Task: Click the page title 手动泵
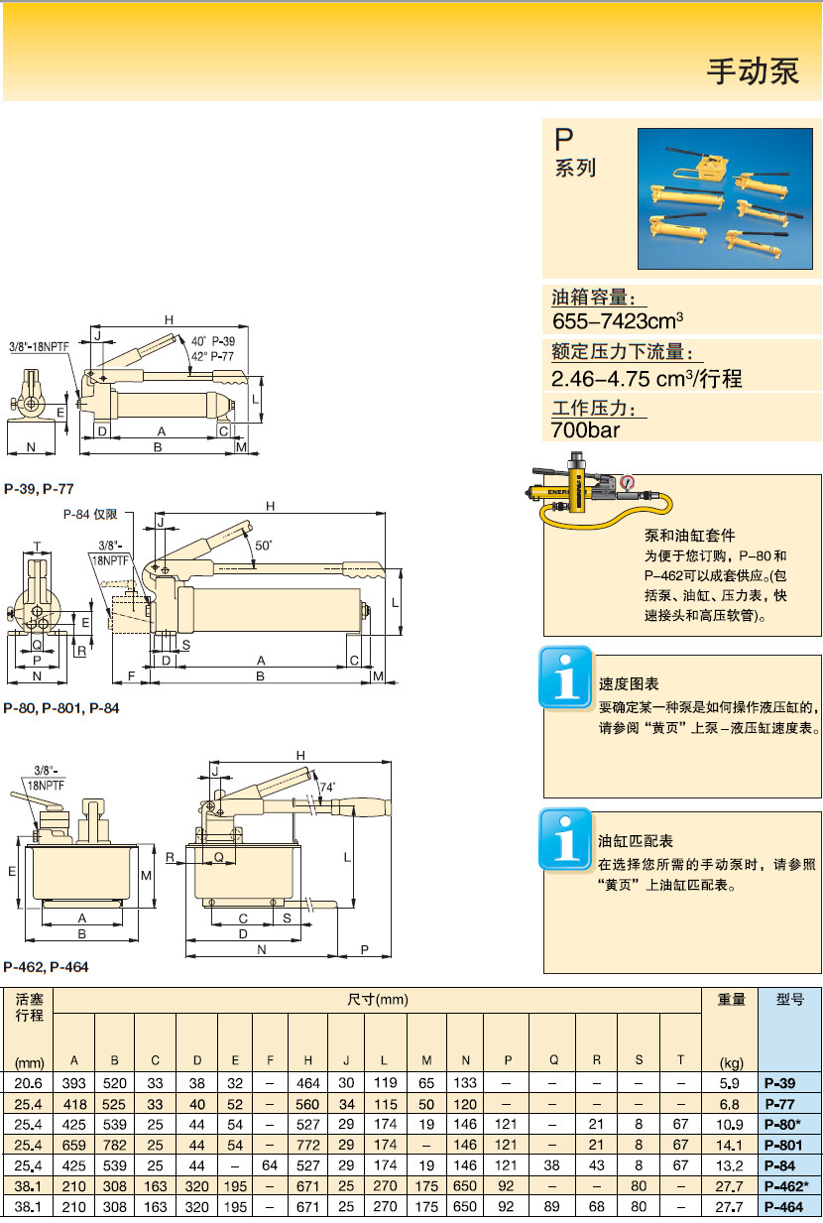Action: click(753, 72)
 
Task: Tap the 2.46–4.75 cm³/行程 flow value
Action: click(646, 378)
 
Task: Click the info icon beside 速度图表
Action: click(565, 677)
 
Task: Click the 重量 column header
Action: click(730, 1000)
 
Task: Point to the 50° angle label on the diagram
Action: click(264, 546)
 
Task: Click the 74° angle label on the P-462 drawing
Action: click(327, 787)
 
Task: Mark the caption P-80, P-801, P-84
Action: click(61, 708)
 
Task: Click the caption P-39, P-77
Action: click(39, 488)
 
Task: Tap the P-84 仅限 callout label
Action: click(90, 514)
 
